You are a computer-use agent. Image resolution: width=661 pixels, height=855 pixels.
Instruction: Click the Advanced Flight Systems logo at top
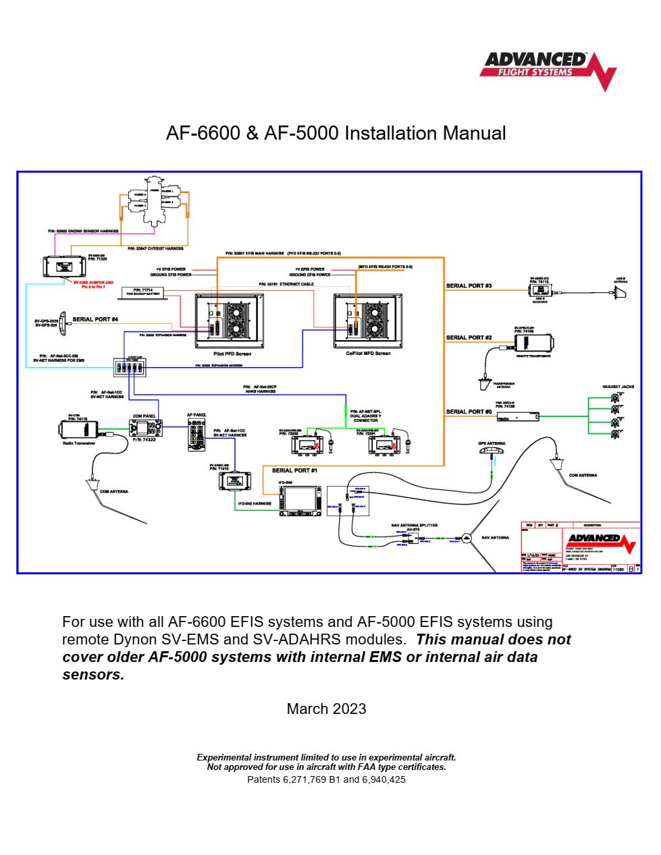[548, 69]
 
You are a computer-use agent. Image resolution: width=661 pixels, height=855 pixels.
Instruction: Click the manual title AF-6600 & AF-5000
[336, 133]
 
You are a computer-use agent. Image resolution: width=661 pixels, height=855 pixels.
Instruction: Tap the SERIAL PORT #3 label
[469, 285]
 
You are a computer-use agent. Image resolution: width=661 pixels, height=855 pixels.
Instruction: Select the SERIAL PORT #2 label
[469, 337]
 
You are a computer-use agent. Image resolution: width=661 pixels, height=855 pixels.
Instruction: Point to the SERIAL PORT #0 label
[469, 412]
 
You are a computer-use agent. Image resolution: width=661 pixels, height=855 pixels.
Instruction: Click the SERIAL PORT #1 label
[294, 470]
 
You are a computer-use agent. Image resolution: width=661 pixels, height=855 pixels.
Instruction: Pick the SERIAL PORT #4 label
[95, 319]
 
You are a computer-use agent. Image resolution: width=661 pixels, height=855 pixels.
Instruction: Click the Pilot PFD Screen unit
[229, 321]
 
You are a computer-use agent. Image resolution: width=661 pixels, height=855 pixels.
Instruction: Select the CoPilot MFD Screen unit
[368, 321]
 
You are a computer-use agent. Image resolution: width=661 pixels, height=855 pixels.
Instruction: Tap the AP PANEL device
[196, 435]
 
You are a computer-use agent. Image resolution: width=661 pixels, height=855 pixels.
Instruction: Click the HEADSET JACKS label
[618, 387]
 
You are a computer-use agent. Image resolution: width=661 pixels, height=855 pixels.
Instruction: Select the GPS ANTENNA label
[492, 443]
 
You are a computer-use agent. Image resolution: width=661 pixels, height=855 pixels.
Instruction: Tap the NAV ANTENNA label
[495, 538]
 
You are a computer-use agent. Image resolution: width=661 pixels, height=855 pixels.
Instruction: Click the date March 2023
[326, 709]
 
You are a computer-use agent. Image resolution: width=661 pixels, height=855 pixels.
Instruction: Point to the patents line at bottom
[326, 779]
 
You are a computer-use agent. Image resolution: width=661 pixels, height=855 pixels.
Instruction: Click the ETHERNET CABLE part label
[286, 284]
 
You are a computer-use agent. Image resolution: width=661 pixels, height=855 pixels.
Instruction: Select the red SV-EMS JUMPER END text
[93, 283]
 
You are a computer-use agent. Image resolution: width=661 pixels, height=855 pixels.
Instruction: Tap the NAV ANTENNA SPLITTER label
[414, 525]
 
